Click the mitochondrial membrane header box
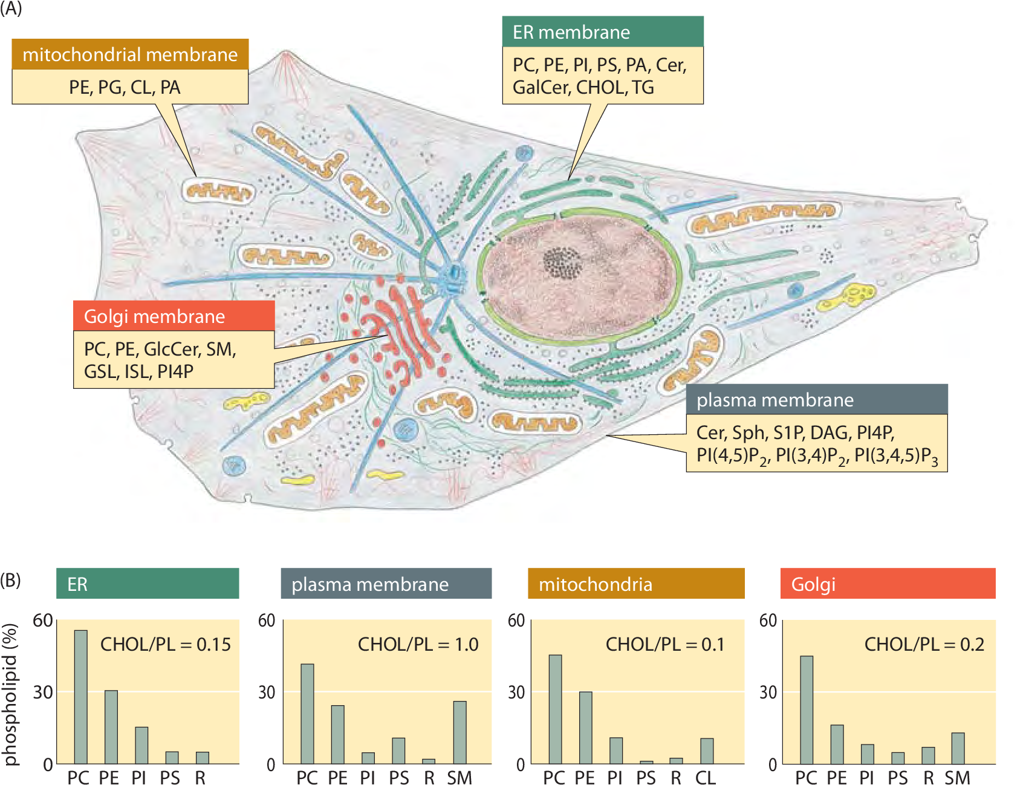(130, 54)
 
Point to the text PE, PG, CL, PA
(125, 87)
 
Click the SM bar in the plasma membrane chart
(459, 732)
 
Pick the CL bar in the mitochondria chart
(707, 751)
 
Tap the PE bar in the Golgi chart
(837, 744)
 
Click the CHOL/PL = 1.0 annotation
(418, 644)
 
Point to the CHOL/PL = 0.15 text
(165, 644)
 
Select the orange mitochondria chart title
(635, 584)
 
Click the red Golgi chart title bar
(888, 584)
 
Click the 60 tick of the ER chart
(43, 620)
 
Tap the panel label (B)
(10, 581)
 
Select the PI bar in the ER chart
(141, 745)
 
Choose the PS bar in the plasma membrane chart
(398, 751)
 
